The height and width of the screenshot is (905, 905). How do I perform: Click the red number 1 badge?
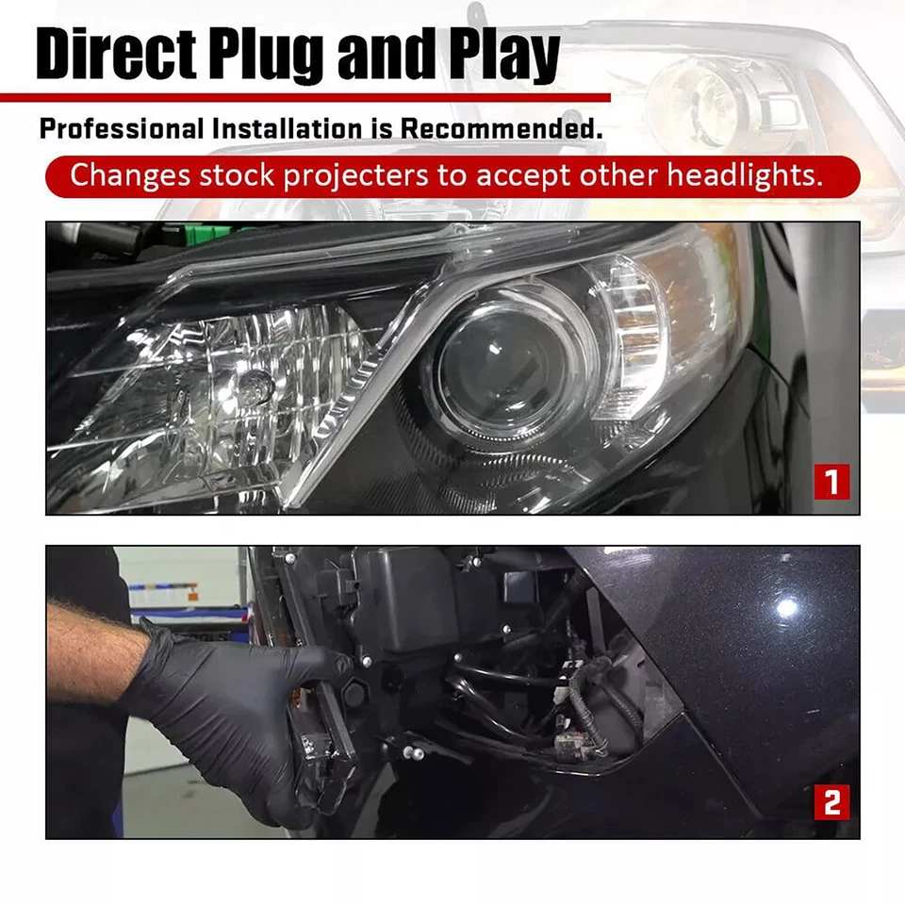(831, 482)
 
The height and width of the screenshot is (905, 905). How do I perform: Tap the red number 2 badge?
(831, 803)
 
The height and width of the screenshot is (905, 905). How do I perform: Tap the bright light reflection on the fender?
(786, 608)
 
